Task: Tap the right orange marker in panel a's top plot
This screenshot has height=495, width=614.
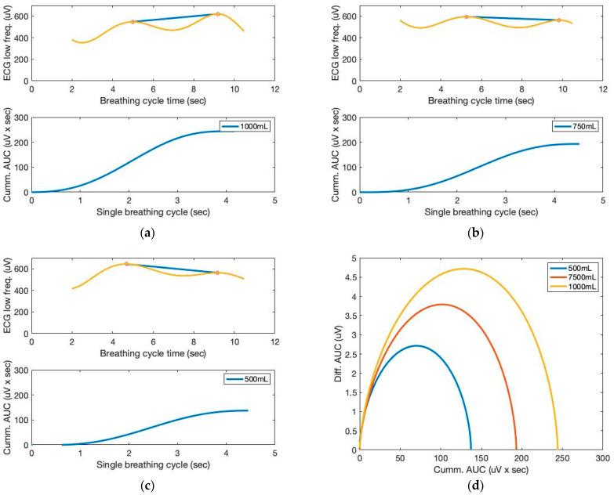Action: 218,14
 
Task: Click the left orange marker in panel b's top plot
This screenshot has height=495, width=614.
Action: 467,16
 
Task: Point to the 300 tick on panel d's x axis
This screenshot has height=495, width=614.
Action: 602,458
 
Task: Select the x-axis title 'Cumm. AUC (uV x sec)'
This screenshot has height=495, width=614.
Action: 481,470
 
